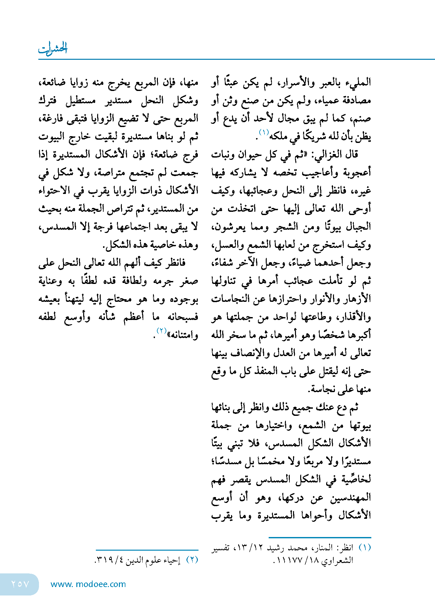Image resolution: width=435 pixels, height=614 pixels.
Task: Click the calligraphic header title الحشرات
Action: (x=53, y=49)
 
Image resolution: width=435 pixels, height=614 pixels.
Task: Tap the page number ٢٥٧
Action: (x=20, y=584)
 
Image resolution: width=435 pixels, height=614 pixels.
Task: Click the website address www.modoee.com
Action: (x=88, y=584)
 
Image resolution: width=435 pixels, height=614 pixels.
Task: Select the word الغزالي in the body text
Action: (x=326, y=154)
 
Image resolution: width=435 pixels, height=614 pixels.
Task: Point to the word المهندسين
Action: (x=351, y=497)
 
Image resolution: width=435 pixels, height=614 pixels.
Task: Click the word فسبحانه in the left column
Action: (x=183, y=317)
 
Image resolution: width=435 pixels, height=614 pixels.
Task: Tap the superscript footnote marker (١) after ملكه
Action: (x=263, y=132)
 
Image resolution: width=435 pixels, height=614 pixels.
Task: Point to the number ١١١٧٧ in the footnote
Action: (x=289, y=560)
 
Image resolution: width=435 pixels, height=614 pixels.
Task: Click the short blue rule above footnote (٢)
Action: (x=147, y=550)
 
